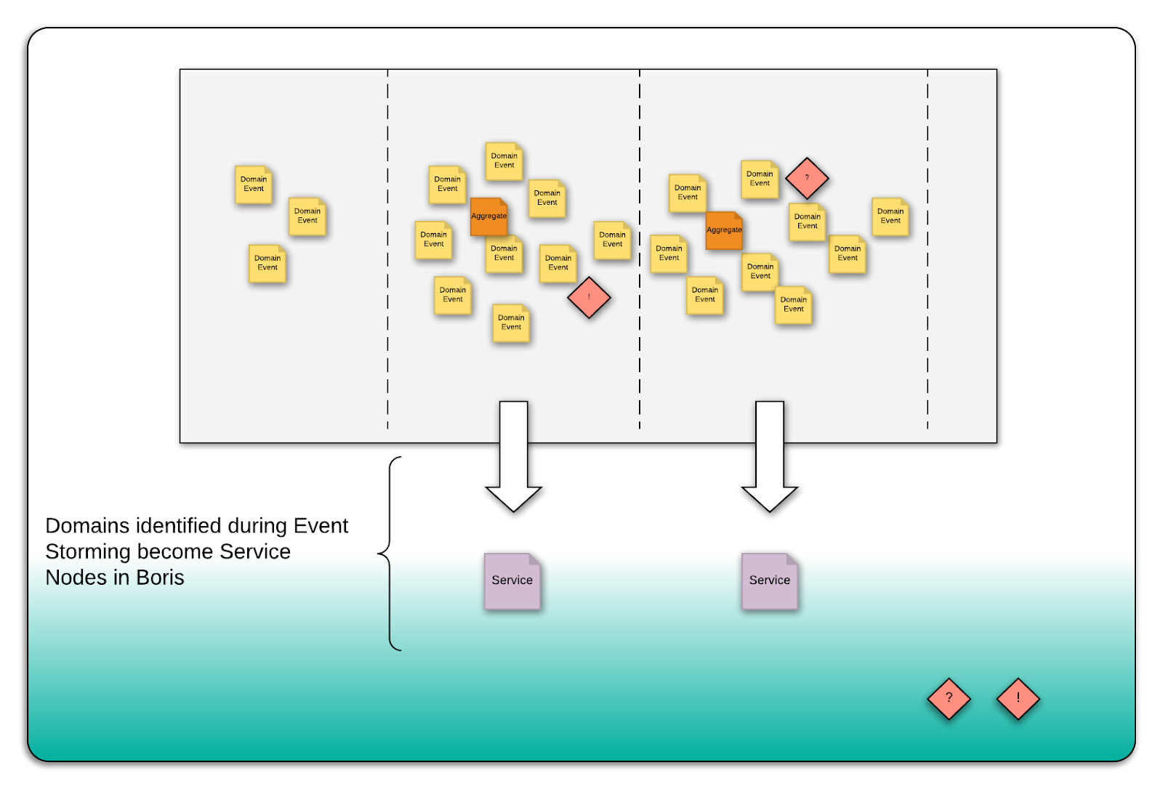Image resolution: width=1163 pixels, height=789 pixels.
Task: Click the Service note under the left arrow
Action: point(512,580)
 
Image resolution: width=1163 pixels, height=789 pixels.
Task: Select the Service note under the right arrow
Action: point(769,580)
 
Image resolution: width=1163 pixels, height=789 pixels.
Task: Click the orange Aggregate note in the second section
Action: point(488,217)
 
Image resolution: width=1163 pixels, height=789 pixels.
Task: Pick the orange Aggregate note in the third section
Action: point(724,230)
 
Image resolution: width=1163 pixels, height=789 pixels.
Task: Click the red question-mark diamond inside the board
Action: point(807,178)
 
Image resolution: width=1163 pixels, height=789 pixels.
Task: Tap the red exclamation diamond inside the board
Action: point(589,297)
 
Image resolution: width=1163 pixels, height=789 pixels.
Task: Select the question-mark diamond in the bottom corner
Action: point(949,699)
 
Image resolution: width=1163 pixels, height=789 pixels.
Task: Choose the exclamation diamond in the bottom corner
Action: point(1018,699)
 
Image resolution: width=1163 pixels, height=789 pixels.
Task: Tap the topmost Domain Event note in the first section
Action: point(254,185)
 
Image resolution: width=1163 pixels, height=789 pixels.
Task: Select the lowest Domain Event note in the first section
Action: point(267,263)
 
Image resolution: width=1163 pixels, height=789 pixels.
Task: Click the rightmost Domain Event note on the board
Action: point(890,217)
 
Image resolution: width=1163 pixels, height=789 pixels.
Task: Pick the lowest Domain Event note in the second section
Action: point(511,323)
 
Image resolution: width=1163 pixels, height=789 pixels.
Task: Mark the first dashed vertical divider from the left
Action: point(387,247)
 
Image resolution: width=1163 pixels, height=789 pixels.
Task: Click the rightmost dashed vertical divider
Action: point(927,247)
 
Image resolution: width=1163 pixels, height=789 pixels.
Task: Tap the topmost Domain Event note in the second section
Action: point(504,161)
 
